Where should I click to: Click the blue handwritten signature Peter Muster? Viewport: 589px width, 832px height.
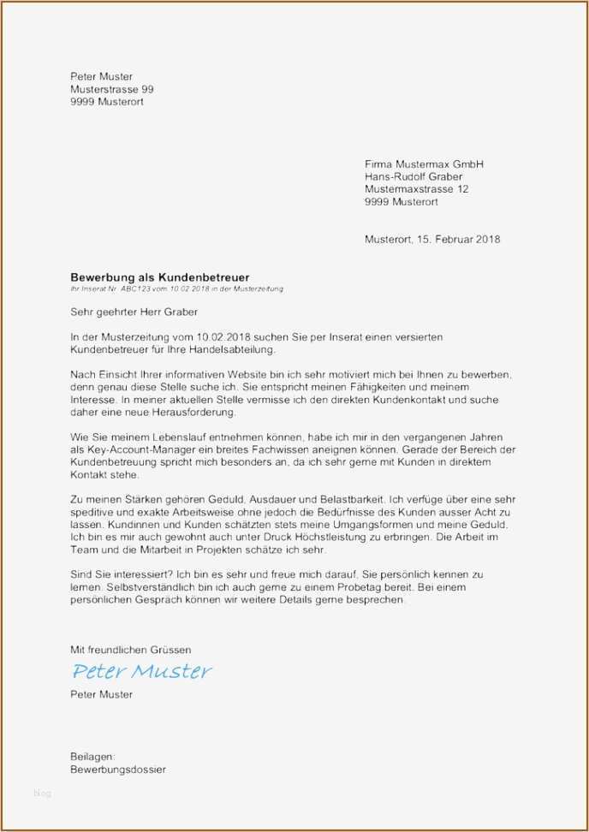[141, 671]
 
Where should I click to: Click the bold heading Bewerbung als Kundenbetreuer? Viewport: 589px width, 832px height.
[160, 277]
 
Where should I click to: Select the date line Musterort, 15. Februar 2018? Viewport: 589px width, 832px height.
[432, 240]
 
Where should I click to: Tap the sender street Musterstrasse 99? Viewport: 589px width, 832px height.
[112, 89]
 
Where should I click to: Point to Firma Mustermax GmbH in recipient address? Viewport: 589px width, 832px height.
[425, 163]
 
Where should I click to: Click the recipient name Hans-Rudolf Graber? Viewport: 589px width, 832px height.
[413, 176]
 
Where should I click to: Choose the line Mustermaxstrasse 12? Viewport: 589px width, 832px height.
[417, 189]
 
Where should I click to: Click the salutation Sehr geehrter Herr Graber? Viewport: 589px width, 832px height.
[134, 312]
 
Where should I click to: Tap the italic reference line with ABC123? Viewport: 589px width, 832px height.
[176, 289]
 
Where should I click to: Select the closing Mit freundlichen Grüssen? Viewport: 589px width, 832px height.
[131, 651]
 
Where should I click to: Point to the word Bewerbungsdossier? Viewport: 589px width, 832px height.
[118, 770]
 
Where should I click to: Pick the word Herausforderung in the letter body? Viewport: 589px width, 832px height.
[186, 413]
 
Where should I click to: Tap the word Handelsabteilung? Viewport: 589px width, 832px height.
[229, 350]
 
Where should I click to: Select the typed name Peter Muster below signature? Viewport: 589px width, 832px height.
[101, 694]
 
